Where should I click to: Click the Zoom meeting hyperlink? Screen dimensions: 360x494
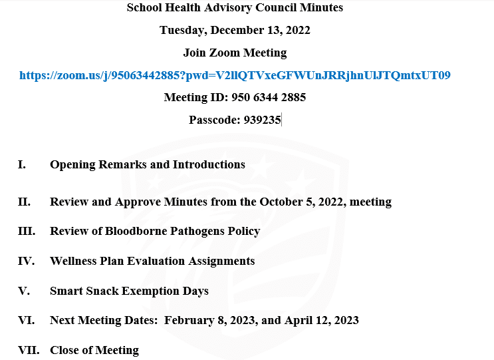pos(235,75)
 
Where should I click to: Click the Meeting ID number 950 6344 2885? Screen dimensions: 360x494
pos(269,97)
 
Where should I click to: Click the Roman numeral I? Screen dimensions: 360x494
pos(21,164)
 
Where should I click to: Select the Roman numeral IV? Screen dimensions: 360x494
pos(25,261)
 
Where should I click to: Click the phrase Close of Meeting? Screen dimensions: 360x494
pos(94,350)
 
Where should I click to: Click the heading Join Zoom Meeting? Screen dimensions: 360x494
pos(235,53)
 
